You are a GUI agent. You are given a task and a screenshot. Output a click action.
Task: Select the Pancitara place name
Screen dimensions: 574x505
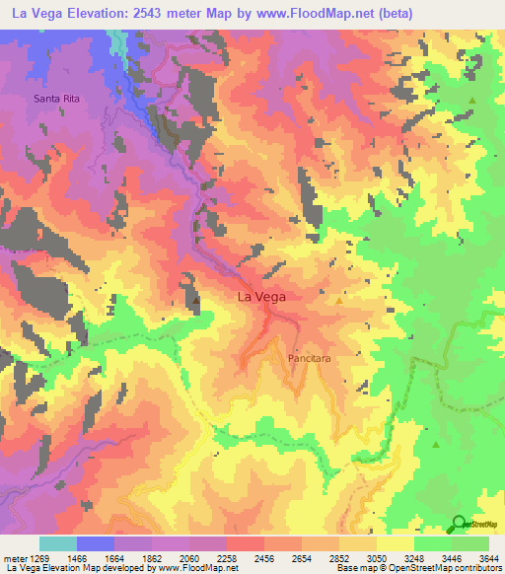[x=308, y=359]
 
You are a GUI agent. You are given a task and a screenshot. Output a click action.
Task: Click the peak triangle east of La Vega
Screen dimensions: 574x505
[x=340, y=302]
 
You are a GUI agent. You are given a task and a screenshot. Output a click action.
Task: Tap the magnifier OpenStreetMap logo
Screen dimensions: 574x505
[x=458, y=524]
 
